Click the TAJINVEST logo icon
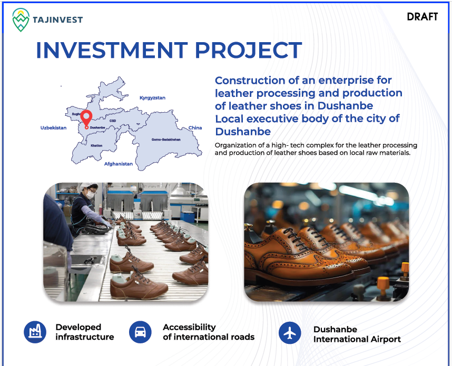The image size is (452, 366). click(x=21, y=19)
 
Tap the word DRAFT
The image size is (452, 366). click(x=422, y=17)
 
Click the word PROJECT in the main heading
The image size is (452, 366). click(x=249, y=50)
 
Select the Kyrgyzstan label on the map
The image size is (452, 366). click(x=152, y=98)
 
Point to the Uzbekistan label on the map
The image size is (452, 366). click(x=53, y=127)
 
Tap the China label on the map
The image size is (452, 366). click(x=195, y=127)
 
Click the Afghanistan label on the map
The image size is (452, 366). click(x=119, y=164)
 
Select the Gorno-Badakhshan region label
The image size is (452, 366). click(x=166, y=140)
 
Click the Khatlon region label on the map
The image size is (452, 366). click(x=96, y=145)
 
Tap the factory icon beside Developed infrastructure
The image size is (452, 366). click(x=35, y=332)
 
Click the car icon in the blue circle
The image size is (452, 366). click(x=140, y=332)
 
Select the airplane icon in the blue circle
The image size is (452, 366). click(x=290, y=333)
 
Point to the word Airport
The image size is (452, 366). click(x=386, y=339)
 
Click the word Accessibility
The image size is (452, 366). click(x=190, y=327)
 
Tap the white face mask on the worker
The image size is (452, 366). click(x=91, y=195)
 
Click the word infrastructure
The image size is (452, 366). click(x=85, y=337)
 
